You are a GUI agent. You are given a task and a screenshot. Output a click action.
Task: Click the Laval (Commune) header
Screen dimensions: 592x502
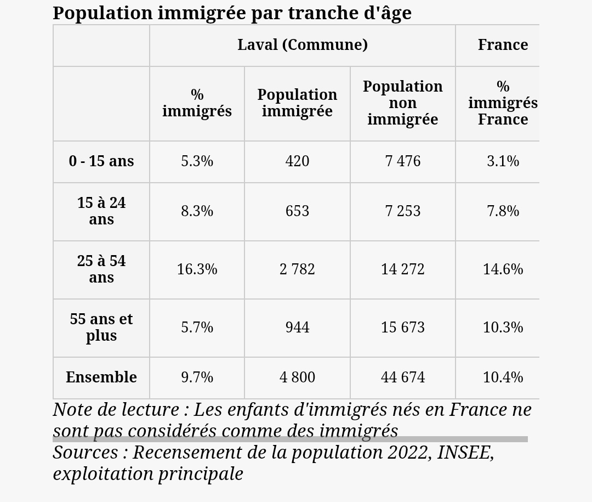coord(303,45)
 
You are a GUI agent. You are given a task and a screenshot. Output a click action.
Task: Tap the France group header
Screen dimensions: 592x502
coord(503,44)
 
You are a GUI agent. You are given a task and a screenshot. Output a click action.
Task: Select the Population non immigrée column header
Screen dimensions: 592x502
coord(403,103)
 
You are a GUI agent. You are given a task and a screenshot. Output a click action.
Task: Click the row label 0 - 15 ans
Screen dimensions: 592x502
coord(101,161)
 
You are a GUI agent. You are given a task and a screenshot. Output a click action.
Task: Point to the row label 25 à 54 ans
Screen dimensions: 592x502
coord(101,269)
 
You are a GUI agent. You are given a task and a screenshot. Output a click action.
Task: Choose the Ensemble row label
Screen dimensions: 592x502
coord(101,377)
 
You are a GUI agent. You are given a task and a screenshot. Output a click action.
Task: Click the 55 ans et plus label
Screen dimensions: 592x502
coord(101,328)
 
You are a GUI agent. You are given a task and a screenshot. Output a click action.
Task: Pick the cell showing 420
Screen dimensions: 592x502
coord(297,161)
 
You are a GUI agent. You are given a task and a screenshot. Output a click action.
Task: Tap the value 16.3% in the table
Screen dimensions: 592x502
coord(197,269)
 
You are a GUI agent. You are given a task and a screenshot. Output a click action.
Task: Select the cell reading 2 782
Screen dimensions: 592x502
coord(297,269)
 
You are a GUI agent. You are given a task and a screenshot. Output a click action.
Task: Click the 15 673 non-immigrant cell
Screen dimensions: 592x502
coord(403,328)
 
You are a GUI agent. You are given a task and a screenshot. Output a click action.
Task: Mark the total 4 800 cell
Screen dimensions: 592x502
coord(297,377)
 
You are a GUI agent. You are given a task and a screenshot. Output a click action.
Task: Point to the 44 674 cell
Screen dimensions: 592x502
coord(403,377)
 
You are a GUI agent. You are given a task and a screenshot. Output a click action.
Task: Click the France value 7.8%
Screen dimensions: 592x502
coord(503,211)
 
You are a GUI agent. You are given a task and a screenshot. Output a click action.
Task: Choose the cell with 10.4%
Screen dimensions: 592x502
coord(503,377)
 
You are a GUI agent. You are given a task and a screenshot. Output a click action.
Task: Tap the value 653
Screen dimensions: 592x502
coord(297,211)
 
